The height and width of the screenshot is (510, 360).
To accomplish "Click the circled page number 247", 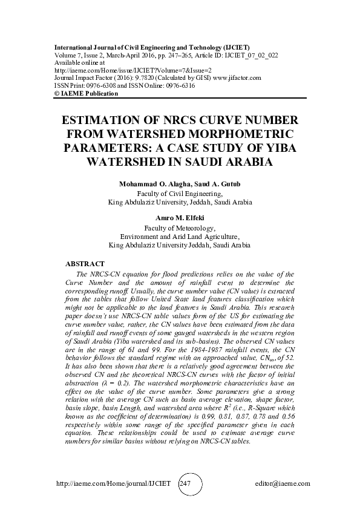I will coord(185,484).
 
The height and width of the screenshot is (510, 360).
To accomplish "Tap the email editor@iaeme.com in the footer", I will coord(283,484).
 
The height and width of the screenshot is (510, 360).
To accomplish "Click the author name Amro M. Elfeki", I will coord(180,216).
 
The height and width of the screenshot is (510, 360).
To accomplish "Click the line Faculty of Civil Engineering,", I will coord(180,194).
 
